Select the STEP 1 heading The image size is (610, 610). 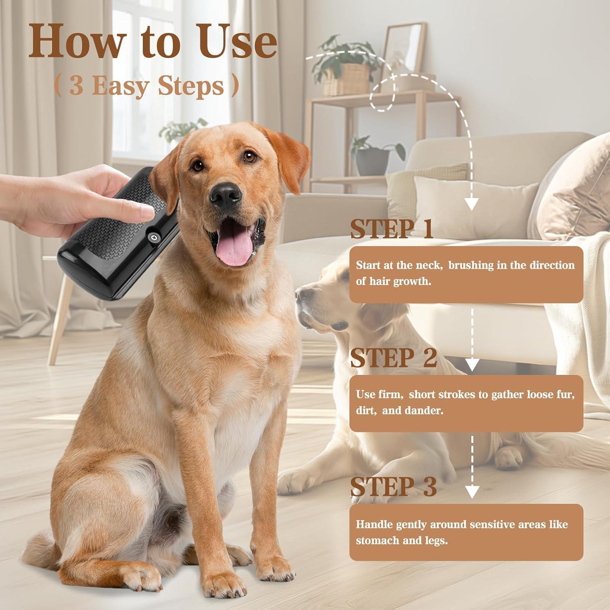[x=391, y=229]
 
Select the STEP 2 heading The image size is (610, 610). [x=393, y=358]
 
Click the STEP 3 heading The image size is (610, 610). [x=393, y=487]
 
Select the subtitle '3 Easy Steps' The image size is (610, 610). [x=146, y=86]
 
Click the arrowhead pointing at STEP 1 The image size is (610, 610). [x=471, y=204]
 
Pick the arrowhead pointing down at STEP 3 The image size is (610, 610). [x=471, y=492]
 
